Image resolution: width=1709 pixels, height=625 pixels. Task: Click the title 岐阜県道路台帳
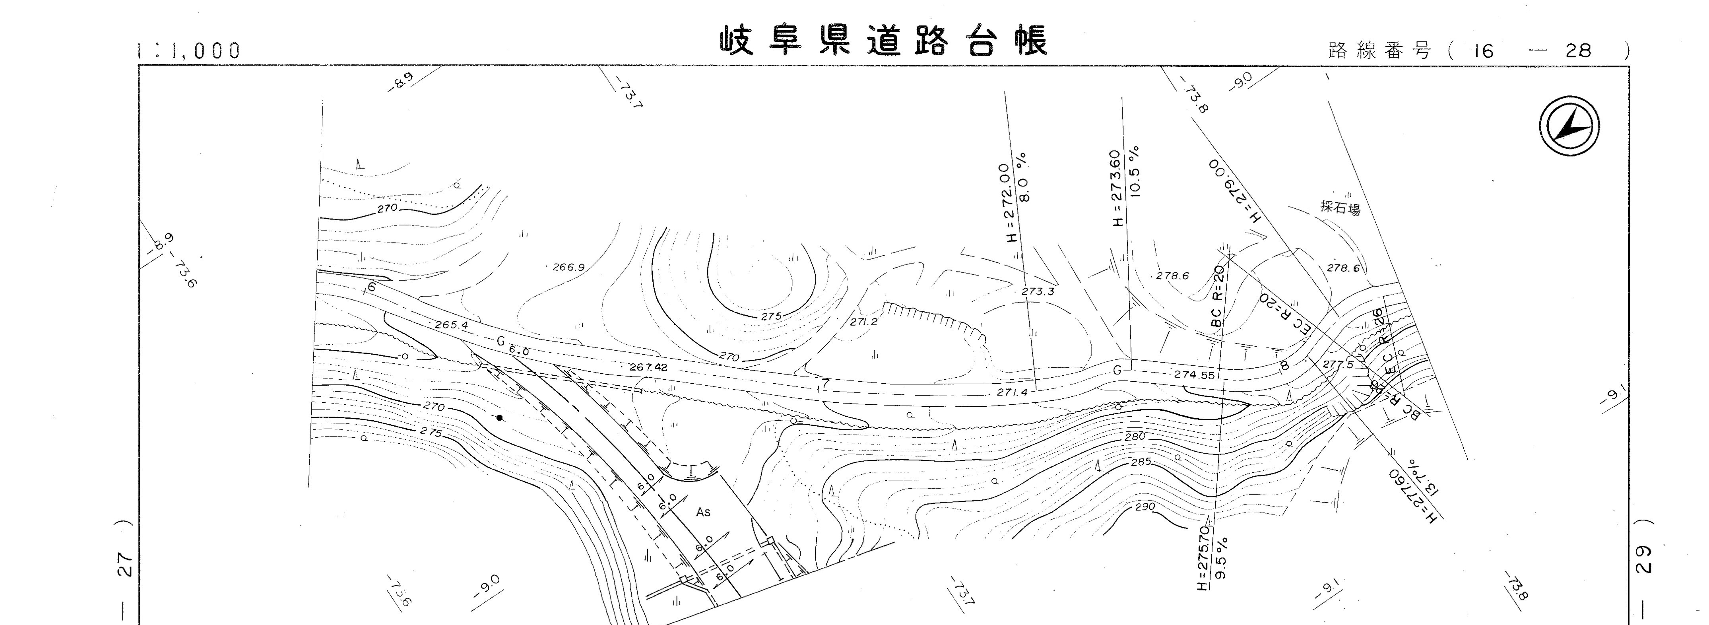(884, 41)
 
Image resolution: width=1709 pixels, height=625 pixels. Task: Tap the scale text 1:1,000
(189, 51)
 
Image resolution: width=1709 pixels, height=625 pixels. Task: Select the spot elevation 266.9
(568, 268)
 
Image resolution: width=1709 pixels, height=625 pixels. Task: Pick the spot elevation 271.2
(863, 322)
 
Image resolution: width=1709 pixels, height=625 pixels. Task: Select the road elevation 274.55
(1194, 375)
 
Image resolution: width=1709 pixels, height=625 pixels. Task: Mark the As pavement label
(703, 512)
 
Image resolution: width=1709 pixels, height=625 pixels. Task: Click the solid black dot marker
(500, 417)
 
